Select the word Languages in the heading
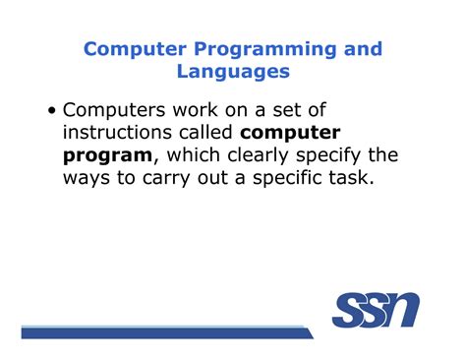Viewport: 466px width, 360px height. tap(232, 72)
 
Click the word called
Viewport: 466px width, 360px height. tap(207, 133)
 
